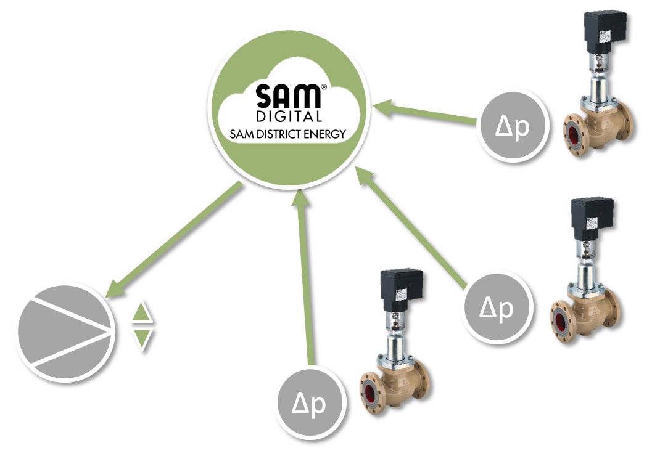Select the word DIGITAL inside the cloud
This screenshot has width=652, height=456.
point(288,116)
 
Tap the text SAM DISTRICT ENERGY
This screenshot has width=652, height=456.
point(288,133)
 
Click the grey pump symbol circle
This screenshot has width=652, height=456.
point(65,333)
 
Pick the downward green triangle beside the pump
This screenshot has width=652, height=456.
point(142,338)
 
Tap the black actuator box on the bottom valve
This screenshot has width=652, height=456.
point(400,288)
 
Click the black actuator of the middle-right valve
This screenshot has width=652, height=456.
point(592,218)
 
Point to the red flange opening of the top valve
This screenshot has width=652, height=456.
point(576,139)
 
